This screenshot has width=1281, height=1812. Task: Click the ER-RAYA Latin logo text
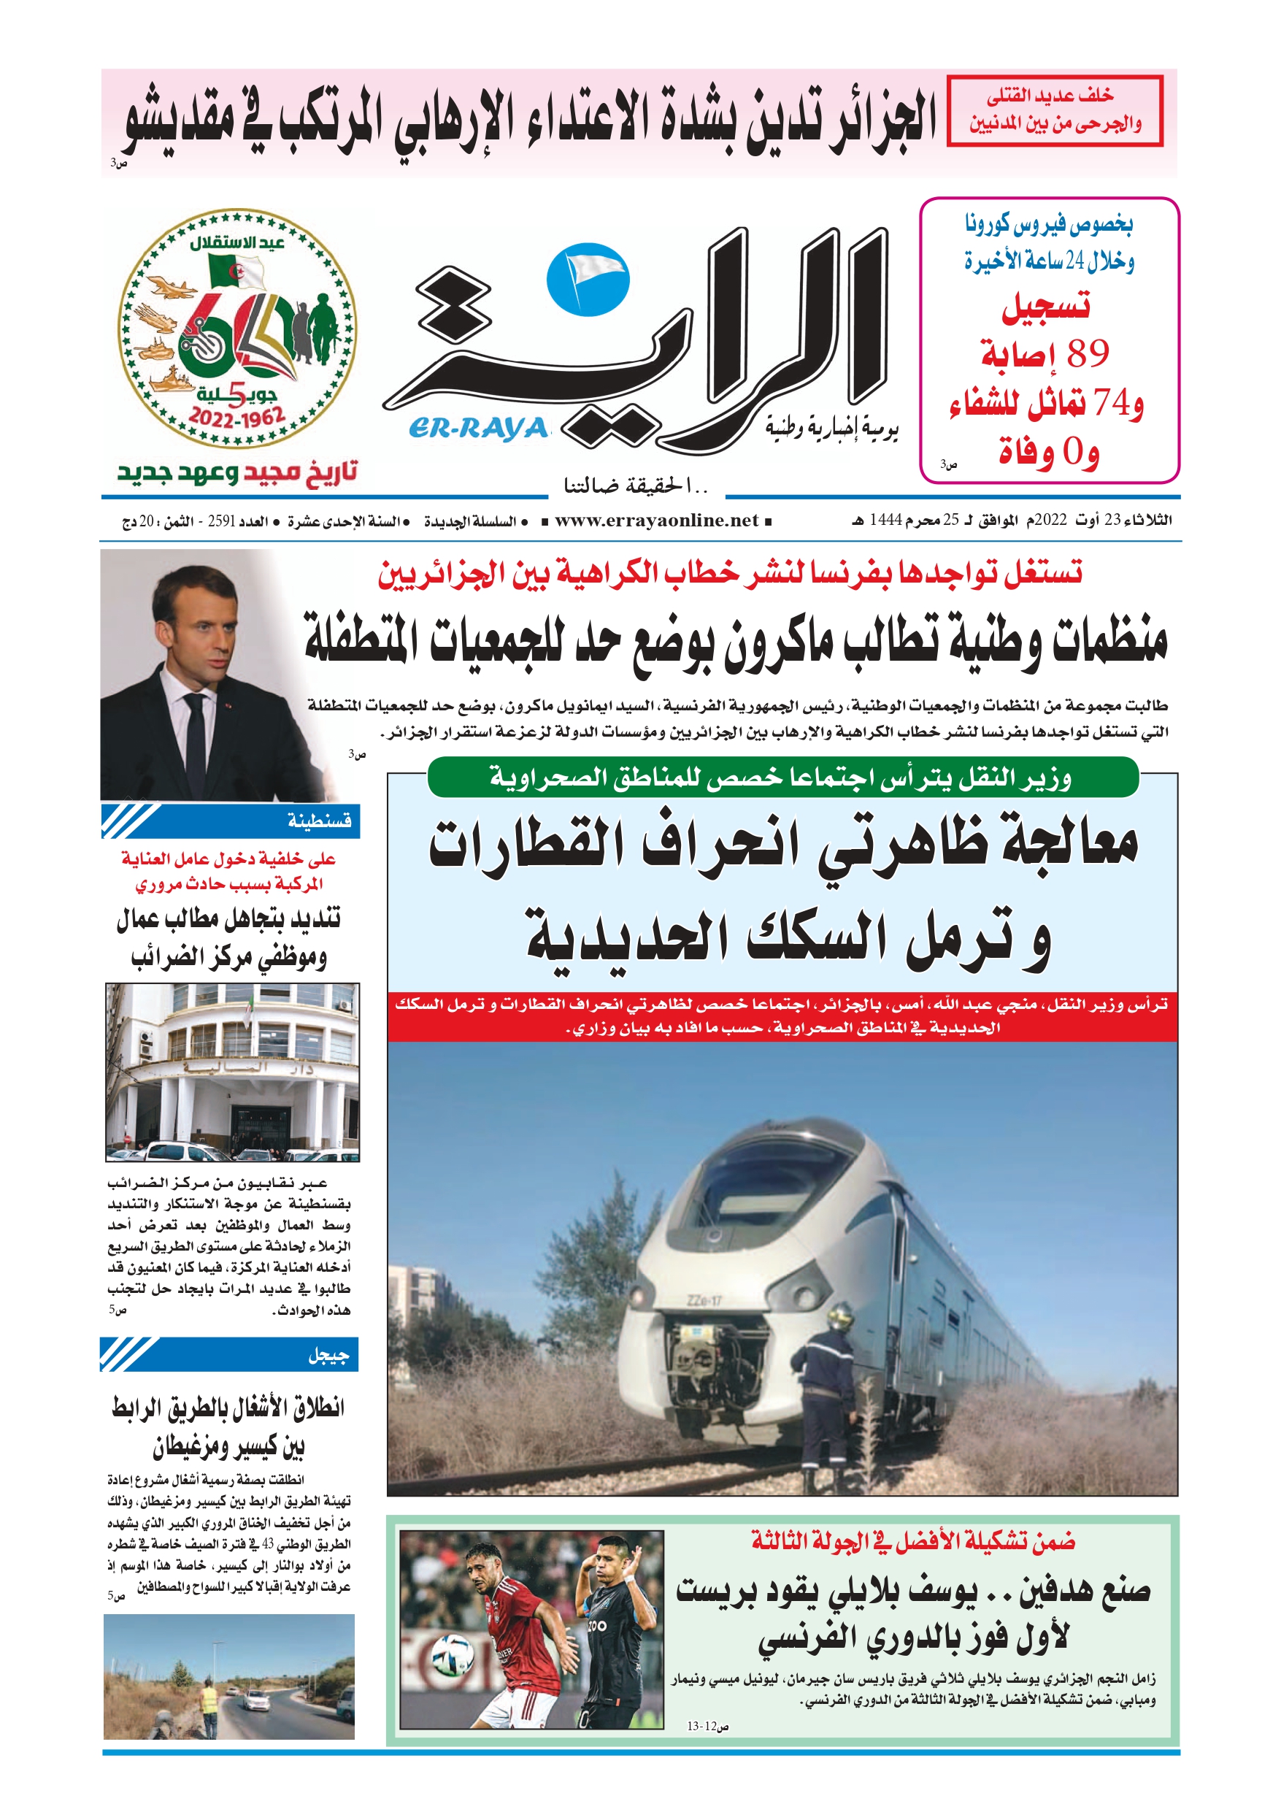click(477, 429)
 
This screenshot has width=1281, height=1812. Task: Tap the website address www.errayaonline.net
click(656, 520)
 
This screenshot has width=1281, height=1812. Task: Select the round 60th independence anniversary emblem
click(236, 328)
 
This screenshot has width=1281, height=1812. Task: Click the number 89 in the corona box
click(1088, 354)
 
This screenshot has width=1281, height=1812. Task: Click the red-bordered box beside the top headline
click(1055, 110)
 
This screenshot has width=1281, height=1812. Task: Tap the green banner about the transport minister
click(782, 778)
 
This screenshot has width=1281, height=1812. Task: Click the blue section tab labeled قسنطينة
click(229, 821)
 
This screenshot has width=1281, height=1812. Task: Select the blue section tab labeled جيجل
click(229, 1354)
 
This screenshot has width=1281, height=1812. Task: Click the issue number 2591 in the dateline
click(222, 521)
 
